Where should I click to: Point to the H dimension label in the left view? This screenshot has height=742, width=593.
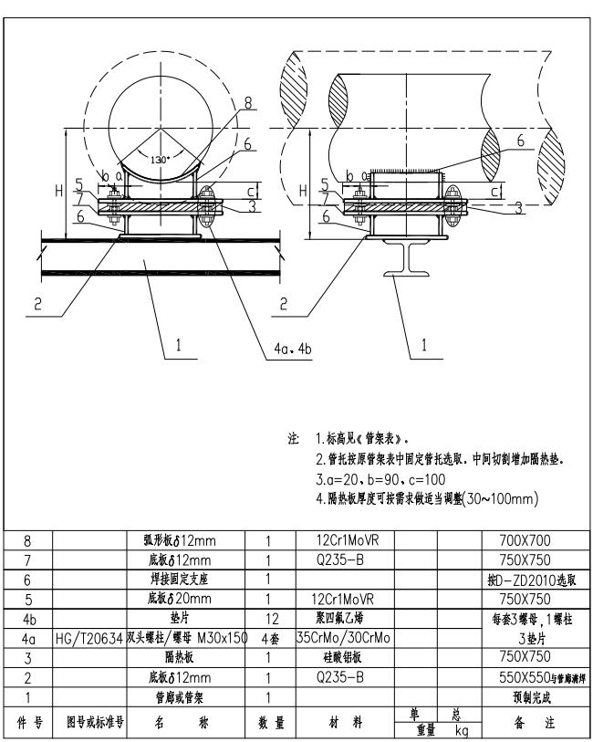click(x=58, y=191)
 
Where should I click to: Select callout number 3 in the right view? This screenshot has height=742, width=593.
click(x=518, y=209)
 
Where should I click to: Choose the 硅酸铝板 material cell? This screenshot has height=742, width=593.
click(x=339, y=656)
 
